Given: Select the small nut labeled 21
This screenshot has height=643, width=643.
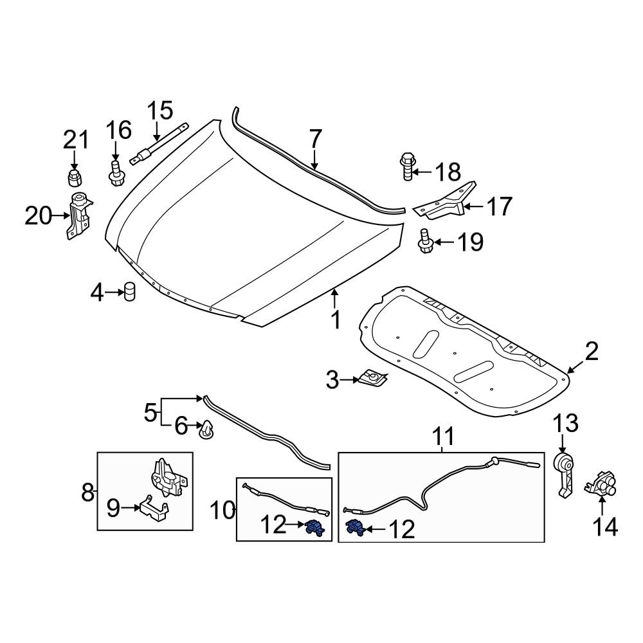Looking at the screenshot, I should click(x=75, y=176).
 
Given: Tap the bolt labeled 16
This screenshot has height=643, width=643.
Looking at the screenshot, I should click(x=115, y=174).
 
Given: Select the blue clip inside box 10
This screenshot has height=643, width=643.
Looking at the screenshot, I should click(x=314, y=528).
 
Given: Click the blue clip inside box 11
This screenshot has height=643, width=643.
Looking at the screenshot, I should click(x=356, y=528).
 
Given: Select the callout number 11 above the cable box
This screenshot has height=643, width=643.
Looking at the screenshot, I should click(x=442, y=437).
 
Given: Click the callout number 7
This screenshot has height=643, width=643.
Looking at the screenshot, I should click(x=314, y=140).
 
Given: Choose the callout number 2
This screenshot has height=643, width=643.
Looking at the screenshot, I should click(x=591, y=351).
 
